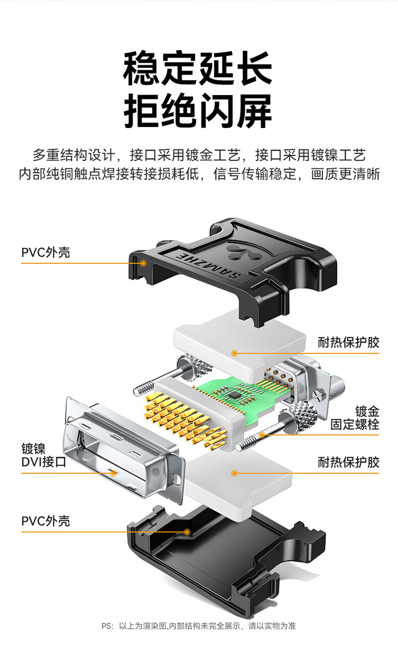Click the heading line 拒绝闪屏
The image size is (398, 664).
[197, 111]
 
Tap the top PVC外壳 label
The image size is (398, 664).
[46, 252]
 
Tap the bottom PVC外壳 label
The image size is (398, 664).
[46, 521]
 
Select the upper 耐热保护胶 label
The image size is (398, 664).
[349, 343]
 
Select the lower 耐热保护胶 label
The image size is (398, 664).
[349, 462]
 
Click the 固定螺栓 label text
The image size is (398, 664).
[355, 424]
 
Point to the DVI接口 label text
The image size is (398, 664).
[43, 461]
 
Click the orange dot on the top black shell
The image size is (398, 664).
[143, 263]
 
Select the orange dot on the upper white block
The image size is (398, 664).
[234, 353]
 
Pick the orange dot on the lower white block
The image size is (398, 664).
[234, 473]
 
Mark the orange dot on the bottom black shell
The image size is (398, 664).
[187, 532]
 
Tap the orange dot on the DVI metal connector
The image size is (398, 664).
[113, 473]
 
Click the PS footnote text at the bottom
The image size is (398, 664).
[198, 626]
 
